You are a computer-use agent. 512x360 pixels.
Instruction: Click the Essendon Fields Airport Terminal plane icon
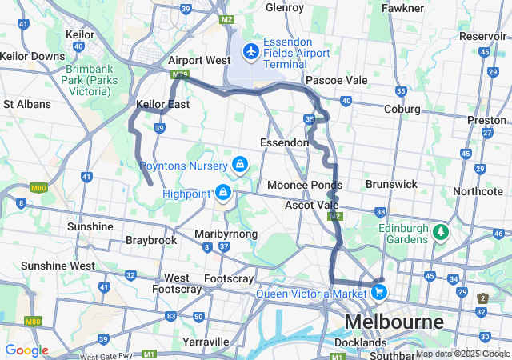251,51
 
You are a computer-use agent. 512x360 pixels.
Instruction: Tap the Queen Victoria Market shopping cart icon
379,293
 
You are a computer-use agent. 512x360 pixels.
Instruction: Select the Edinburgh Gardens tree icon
439,232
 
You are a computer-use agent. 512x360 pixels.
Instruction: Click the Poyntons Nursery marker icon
238,165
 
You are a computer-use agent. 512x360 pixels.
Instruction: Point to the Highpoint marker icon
223,193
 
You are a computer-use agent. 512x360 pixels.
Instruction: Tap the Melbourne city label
394,322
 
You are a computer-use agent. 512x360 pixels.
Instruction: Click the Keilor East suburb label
162,104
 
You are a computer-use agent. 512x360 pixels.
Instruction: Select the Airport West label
199,61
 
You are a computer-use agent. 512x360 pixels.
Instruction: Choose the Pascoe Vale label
336,80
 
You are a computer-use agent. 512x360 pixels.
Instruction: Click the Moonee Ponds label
316,185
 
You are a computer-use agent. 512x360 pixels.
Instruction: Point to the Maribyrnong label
226,234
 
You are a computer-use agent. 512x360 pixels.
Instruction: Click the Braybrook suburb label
151,240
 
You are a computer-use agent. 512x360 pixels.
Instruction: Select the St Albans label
27,104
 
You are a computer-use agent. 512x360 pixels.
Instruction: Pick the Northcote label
478,191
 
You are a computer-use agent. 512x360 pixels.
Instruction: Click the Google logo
26,350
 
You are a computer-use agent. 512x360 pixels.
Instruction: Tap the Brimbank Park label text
88,80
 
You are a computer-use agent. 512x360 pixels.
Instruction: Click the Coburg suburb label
402,109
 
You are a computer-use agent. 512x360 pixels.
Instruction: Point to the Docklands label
360,342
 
